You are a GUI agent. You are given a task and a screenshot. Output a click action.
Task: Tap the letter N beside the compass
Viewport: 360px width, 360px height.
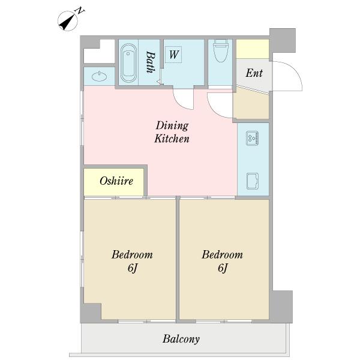[x=80, y=11]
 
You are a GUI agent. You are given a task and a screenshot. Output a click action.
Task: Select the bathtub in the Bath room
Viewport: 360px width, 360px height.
[x=128, y=62]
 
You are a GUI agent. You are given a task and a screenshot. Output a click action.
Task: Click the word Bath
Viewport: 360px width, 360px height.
[x=151, y=62]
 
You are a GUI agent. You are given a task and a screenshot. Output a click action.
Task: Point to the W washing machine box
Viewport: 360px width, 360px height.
[x=173, y=55]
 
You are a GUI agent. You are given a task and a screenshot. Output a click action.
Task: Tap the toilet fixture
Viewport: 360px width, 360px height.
[x=220, y=51]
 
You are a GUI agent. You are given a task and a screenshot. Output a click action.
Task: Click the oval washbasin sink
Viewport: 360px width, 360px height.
[x=99, y=76]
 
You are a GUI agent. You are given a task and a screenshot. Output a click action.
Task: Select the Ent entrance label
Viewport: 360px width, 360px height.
[x=254, y=73]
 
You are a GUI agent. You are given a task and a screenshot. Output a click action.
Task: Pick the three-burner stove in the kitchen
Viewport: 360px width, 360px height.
[x=252, y=138]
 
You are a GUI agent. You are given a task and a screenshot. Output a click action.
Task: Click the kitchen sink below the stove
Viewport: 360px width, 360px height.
[x=253, y=181]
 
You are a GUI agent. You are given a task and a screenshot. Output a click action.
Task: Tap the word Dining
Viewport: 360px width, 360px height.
[x=172, y=126]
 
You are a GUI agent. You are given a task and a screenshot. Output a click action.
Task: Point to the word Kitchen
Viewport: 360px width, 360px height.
[x=172, y=139]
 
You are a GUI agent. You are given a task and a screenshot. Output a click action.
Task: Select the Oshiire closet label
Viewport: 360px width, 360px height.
[x=116, y=181]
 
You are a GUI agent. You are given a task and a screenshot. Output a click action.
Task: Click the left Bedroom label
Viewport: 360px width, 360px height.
[x=132, y=254]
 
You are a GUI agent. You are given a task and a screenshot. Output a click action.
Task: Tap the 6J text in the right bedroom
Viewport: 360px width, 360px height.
[x=223, y=268]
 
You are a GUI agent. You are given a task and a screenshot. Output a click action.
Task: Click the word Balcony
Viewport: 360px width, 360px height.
[x=181, y=340]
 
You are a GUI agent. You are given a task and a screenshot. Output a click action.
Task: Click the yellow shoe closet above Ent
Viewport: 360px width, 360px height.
[x=253, y=49]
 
